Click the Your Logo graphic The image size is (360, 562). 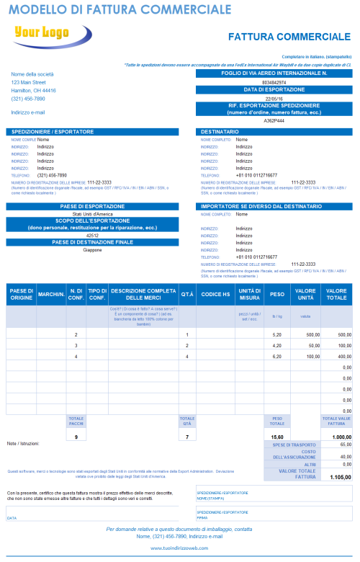coord(41,35)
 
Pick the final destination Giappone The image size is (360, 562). coord(92,250)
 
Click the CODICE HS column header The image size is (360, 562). coord(215,294)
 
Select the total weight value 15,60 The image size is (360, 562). coord(277,437)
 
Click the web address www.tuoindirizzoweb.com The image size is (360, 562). coord(179,548)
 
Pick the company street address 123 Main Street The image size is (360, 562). coord(28,83)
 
